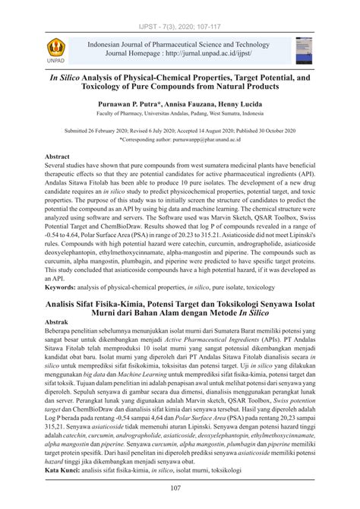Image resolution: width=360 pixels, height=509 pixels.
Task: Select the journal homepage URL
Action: click(x=217, y=55)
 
